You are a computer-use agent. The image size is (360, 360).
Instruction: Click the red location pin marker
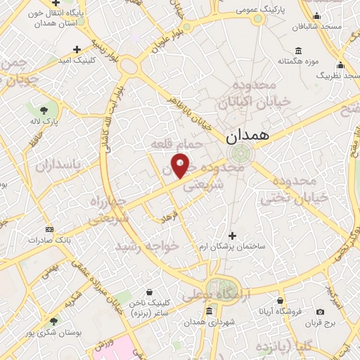(181, 165)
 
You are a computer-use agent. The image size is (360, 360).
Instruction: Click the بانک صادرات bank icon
(49, 229)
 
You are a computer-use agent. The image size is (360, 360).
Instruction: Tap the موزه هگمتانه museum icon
(299, 51)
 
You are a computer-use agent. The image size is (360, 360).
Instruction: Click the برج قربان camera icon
(321, 312)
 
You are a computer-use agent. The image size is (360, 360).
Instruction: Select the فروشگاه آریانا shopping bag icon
(281, 300)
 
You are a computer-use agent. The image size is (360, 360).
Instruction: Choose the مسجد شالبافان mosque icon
(316, 17)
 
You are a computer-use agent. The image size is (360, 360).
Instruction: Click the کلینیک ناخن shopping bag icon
(149, 290)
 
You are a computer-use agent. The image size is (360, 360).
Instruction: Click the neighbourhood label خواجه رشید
(147, 247)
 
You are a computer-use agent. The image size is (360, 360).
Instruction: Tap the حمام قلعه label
(176, 143)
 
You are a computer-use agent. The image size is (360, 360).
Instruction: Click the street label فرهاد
(171, 218)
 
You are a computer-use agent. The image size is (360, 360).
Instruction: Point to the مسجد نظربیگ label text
(337, 74)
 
